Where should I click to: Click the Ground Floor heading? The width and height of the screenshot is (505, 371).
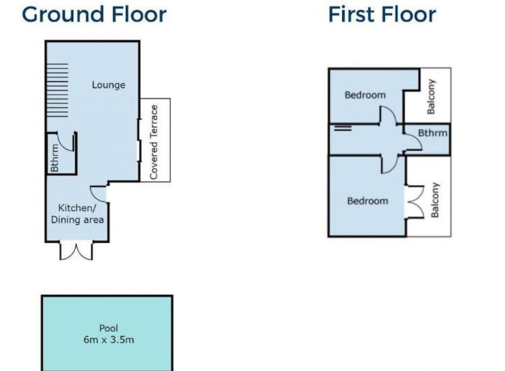[x=94, y=15]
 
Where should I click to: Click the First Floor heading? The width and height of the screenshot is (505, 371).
[x=382, y=15]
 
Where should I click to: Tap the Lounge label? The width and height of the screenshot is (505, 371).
[x=109, y=85]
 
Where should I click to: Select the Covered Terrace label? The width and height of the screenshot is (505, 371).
[x=154, y=142]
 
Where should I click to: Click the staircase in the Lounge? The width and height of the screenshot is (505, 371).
[x=58, y=90]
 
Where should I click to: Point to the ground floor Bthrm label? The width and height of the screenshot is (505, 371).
[x=55, y=158]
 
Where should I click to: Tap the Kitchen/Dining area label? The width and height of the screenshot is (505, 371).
[x=77, y=214]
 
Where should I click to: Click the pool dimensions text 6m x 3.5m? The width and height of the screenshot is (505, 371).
[x=109, y=340]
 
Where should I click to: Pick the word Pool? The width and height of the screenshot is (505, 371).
[x=109, y=328]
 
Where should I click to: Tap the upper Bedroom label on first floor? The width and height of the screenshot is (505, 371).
[x=365, y=95]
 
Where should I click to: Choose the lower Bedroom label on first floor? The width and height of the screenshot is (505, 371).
[x=368, y=201]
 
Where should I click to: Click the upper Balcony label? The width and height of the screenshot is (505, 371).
[x=431, y=96]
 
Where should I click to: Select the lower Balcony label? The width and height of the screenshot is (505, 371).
[x=435, y=200]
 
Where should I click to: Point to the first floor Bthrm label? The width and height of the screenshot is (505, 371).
[x=433, y=133]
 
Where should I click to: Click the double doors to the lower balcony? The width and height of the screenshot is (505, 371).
[x=416, y=202]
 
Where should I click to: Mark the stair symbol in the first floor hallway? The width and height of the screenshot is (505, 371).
[x=343, y=128]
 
